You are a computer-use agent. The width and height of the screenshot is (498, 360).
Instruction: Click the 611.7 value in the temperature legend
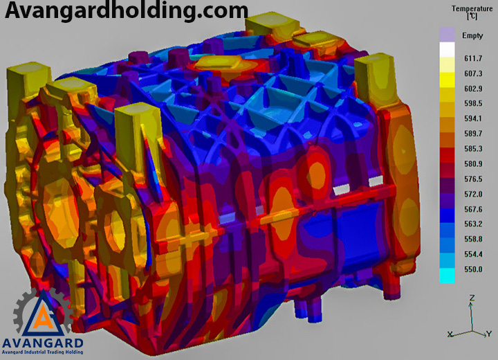[473, 59]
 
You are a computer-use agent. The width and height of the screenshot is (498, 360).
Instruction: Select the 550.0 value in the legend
[473, 269]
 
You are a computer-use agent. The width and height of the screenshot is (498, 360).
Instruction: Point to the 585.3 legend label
[473, 149]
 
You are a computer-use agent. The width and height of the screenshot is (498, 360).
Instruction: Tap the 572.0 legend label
[473, 194]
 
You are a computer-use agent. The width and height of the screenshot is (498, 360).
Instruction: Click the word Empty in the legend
[472, 35]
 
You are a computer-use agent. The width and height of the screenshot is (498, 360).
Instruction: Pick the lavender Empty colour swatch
[448, 35]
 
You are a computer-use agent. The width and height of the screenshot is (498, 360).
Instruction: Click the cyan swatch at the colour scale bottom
[448, 276]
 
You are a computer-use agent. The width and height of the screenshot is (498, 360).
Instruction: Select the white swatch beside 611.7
[448, 50]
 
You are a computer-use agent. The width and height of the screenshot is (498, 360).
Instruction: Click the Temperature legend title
[472, 12]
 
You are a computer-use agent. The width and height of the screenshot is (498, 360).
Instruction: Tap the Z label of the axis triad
[472, 298]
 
